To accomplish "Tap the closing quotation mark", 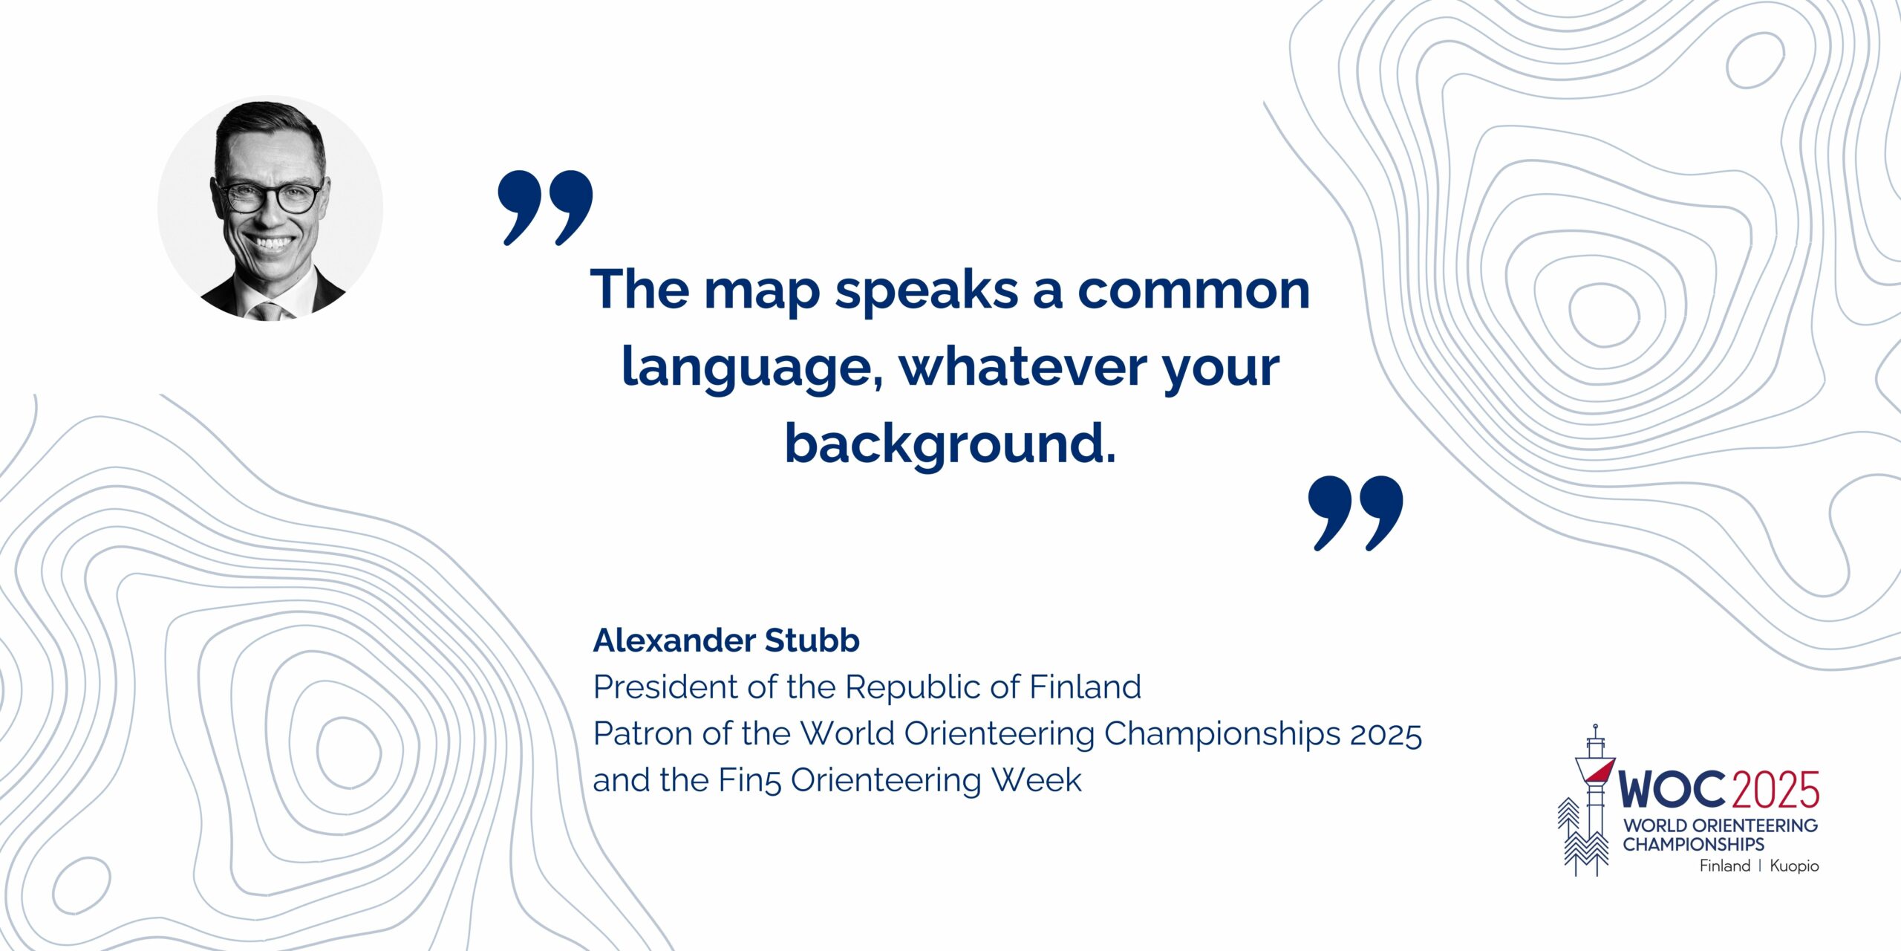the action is (1355, 513).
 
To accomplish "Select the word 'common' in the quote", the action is (1194, 290).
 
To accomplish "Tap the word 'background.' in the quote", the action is (950, 444).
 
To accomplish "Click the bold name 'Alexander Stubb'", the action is (726, 640).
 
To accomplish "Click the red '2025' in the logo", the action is (1776, 789).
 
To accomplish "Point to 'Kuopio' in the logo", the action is (1794, 866).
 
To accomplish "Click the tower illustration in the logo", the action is (1593, 799).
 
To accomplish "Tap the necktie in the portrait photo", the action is (268, 311).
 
